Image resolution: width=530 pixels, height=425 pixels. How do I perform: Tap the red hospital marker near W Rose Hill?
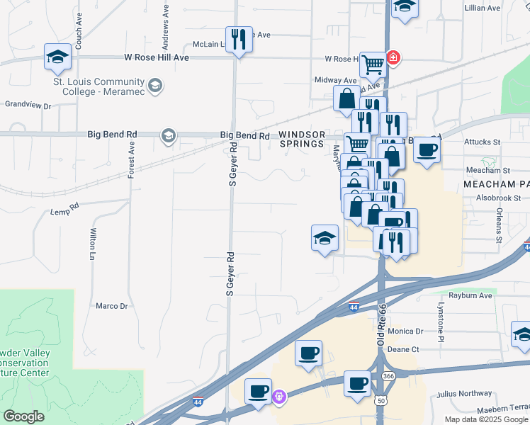[x=392, y=57]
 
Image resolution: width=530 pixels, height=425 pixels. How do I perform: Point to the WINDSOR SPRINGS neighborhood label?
[x=302, y=140]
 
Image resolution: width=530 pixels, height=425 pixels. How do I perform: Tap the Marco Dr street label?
[x=111, y=306]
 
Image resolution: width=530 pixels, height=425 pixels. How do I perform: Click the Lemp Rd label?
[x=64, y=211]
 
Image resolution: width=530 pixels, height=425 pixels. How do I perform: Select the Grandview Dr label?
[x=28, y=106]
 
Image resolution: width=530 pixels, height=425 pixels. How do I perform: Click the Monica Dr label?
[x=405, y=331]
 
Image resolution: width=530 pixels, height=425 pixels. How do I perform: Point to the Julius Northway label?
[x=464, y=394]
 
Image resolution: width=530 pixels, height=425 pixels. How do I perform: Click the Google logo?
[x=23, y=416]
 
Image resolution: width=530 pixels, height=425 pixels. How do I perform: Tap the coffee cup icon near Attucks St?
[x=427, y=150]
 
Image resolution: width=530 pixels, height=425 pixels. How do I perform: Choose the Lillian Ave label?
[x=502, y=8]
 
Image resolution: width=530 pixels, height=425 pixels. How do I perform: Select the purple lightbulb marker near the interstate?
[x=279, y=397]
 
